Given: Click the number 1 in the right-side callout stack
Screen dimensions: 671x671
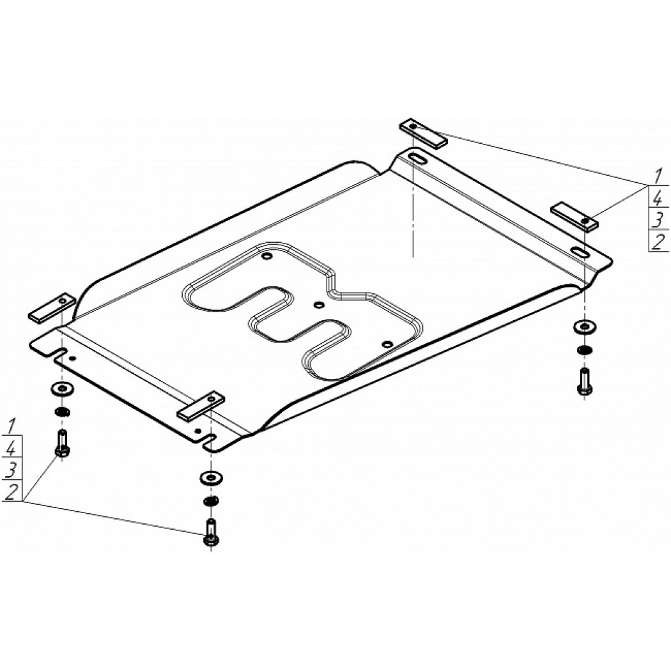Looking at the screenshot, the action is [x=658, y=176].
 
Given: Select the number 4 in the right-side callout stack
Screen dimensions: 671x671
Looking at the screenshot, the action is [x=658, y=198].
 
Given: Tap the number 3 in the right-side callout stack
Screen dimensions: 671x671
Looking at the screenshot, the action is [x=658, y=220].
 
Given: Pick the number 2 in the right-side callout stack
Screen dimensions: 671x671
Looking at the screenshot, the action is [x=658, y=242].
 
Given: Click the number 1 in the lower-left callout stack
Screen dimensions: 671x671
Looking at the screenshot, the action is [x=12, y=427].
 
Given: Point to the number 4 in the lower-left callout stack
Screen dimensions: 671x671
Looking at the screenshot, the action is [x=12, y=449].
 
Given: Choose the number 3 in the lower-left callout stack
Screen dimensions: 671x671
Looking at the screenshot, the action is [x=12, y=471].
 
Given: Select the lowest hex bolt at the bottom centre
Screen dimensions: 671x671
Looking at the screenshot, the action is [x=210, y=532].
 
